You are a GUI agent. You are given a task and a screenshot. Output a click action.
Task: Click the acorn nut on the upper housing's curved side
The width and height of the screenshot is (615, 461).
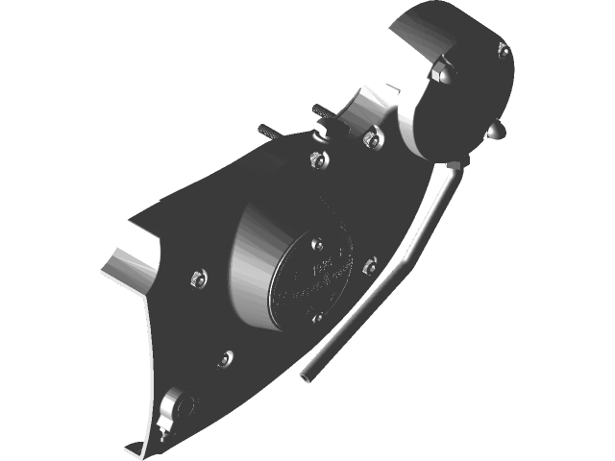[443, 71]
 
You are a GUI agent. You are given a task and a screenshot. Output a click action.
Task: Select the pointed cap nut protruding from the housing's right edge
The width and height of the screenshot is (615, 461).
[496, 130]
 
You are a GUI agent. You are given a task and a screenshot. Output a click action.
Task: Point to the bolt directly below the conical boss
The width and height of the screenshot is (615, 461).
[226, 357]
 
